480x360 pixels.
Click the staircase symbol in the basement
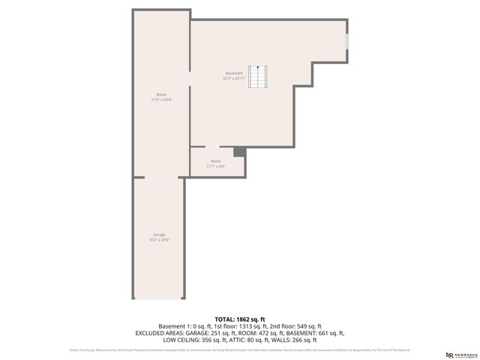(x=259, y=77)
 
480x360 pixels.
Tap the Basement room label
(x=234, y=73)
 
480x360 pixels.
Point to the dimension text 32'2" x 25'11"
(x=234, y=78)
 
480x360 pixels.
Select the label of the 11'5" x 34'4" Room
(x=161, y=94)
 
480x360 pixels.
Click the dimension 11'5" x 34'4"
(x=161, y=100)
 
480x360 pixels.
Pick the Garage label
(x=159, y=235)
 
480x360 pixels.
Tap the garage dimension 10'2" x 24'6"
(x=159, y=240)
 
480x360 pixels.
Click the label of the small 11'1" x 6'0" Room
(x=216, y=161)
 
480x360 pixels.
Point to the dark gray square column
(x=239, y=151)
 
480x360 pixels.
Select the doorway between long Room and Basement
(x=189, y=82)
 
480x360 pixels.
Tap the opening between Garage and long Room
(x=158, y=177)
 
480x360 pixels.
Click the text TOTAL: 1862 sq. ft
(x=239, y=319)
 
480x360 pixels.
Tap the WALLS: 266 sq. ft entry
(x=304, y=340)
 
